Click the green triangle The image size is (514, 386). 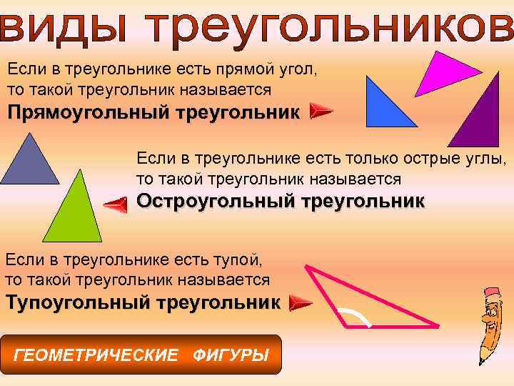[74, 214]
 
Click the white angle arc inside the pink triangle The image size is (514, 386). [356, 315]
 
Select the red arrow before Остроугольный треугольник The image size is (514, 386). [116, 205]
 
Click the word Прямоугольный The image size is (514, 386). [77, 112]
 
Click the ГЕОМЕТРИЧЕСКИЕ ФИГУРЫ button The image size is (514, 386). [142, 355]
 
